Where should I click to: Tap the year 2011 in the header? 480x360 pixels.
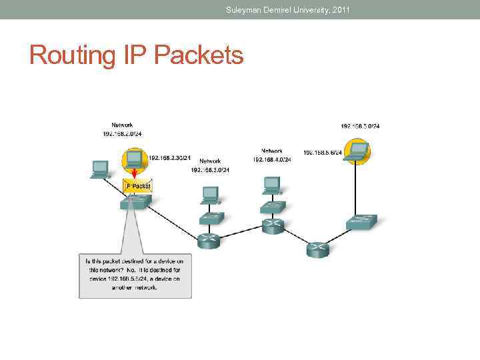(340, 10)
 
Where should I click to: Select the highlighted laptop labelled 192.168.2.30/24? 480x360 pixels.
(134, 159)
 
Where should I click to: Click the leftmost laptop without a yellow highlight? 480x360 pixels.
(101, 169)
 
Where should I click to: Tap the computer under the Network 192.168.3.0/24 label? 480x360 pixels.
(210, 194)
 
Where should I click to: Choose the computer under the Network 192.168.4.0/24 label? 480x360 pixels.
(272, 184)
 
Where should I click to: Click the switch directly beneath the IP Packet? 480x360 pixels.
(135, 201)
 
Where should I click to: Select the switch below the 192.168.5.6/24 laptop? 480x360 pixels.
(362, 222)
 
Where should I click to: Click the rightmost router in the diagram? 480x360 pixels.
(317, 249)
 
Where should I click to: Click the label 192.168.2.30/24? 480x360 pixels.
(169, 158)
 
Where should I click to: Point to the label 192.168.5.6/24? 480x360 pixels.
(323, 153)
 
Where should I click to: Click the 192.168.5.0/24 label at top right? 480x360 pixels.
(360, 126)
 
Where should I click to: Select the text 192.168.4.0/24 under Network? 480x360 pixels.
(272, 160)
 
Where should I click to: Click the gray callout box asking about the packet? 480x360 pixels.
(134, 274)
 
